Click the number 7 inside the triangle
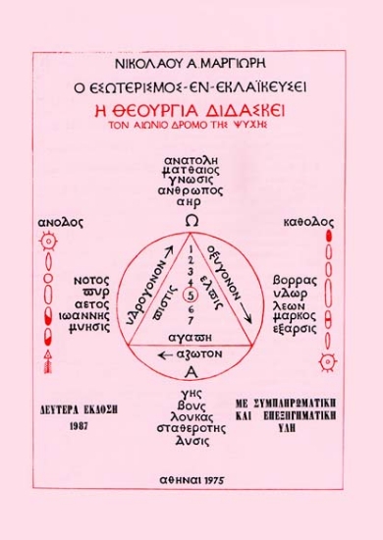coord(192,320)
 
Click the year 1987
coord(57,428)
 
